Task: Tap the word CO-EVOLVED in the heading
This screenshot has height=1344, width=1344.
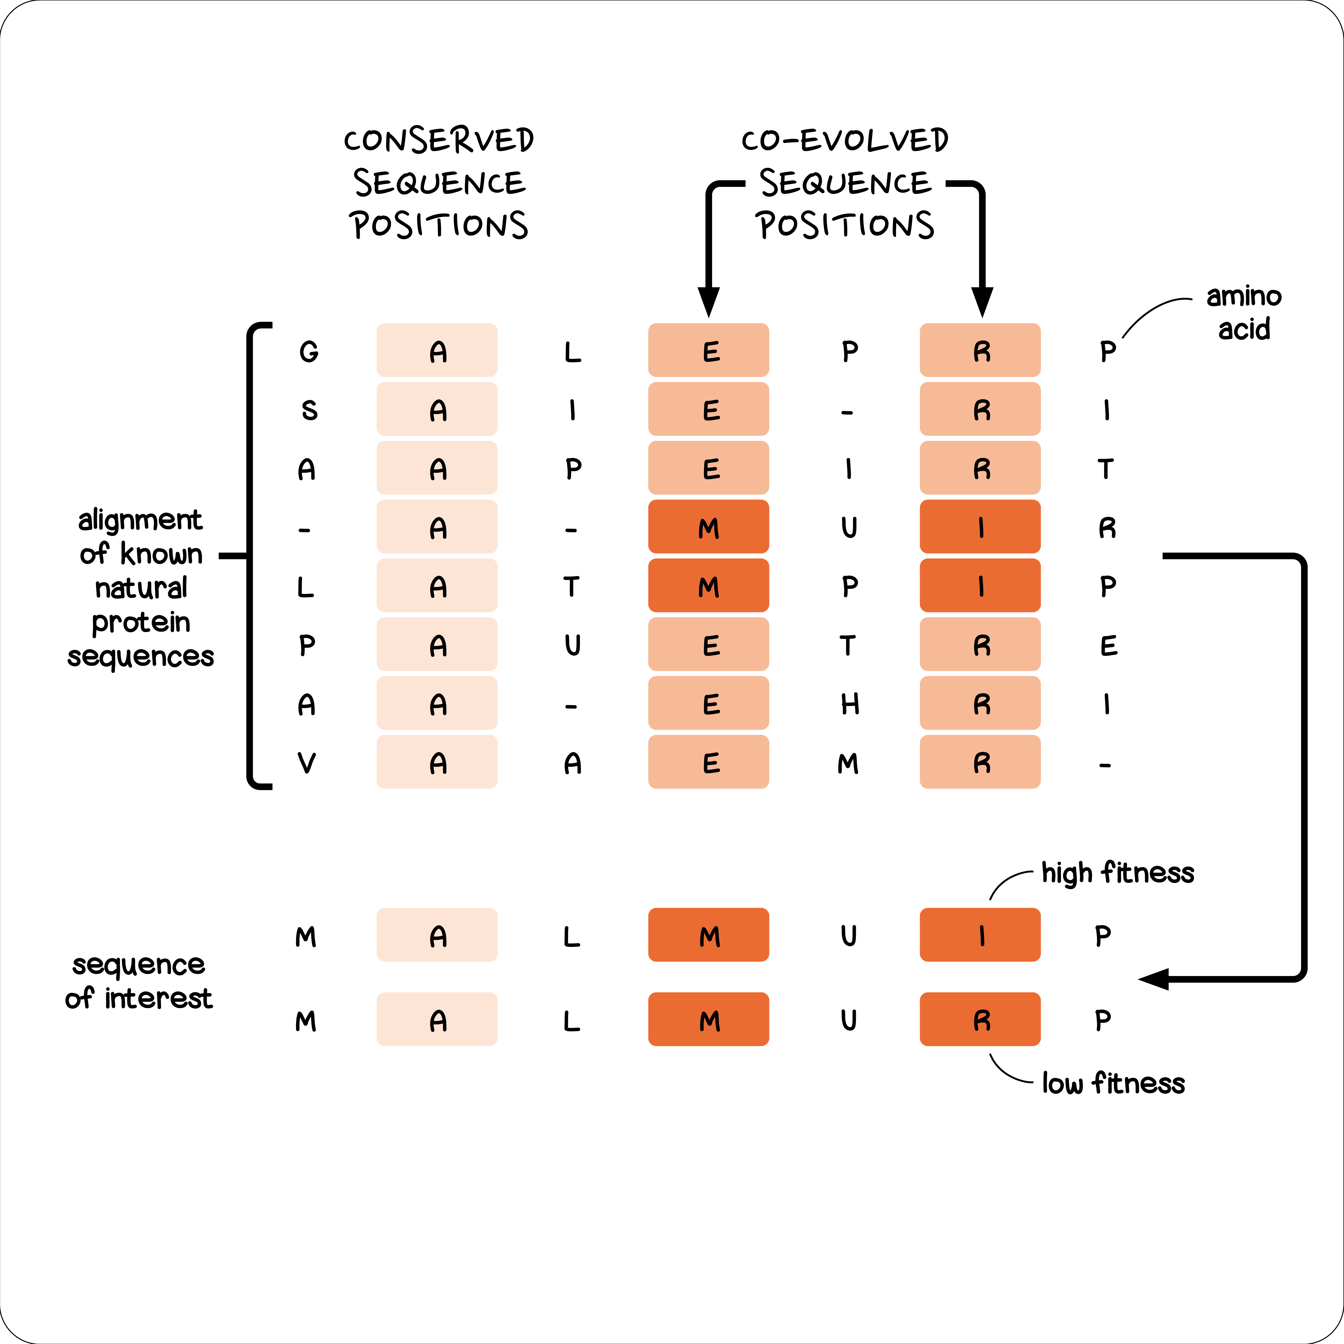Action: point(844,141)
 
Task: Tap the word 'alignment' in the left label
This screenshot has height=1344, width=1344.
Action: point(140,520)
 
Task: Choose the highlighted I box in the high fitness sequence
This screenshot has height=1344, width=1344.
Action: point(979,935)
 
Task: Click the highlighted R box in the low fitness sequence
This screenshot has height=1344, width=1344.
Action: point(979,1019)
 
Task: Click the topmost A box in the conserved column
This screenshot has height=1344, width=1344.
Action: point(437,350)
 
